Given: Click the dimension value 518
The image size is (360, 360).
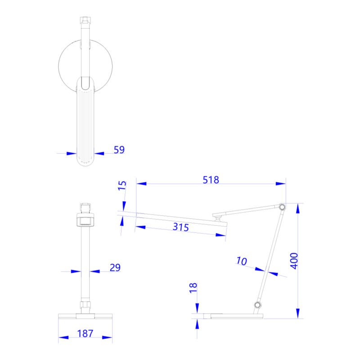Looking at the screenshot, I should tap(211, 180).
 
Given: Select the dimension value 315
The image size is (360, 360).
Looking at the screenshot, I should tap(180, 227).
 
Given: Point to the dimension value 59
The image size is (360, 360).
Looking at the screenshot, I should tap(119, 150).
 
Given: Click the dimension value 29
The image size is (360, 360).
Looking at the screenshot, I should tap(115, 268).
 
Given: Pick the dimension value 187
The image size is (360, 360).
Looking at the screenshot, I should tap(85, 333).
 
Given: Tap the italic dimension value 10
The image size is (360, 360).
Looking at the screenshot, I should tap(242, 261).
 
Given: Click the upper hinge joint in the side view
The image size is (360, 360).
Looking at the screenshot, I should tap(282, 207).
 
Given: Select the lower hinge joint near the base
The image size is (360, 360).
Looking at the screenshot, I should tap(258, 306).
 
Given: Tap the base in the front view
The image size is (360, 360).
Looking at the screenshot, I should tap(85, 315).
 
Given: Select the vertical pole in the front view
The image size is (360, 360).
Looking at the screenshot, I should tap(85, 265).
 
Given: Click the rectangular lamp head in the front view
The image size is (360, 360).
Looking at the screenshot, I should tap(85, 221).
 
